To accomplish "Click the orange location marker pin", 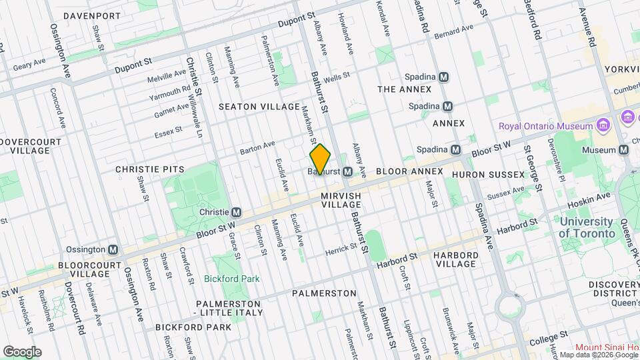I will tap(320, 159).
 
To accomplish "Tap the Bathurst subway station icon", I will tap(347, 172).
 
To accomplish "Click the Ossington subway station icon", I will tap(113, 249).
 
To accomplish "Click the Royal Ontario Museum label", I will tap(545, 126).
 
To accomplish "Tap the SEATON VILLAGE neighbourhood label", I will tap(259, 107).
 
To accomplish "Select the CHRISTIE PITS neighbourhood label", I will tap(149, 169).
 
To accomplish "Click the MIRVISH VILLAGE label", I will tap(341, 201).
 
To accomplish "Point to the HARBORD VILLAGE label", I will tap(455, 259).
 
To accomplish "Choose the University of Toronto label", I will tap(587, 227).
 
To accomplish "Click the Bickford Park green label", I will tap(232, 279).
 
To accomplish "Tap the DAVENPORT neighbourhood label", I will tap(93, 15).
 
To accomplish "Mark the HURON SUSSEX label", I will tap(488, 175).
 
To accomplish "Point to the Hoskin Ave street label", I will tap(589, 199).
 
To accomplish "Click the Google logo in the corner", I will tap(22, 351).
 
